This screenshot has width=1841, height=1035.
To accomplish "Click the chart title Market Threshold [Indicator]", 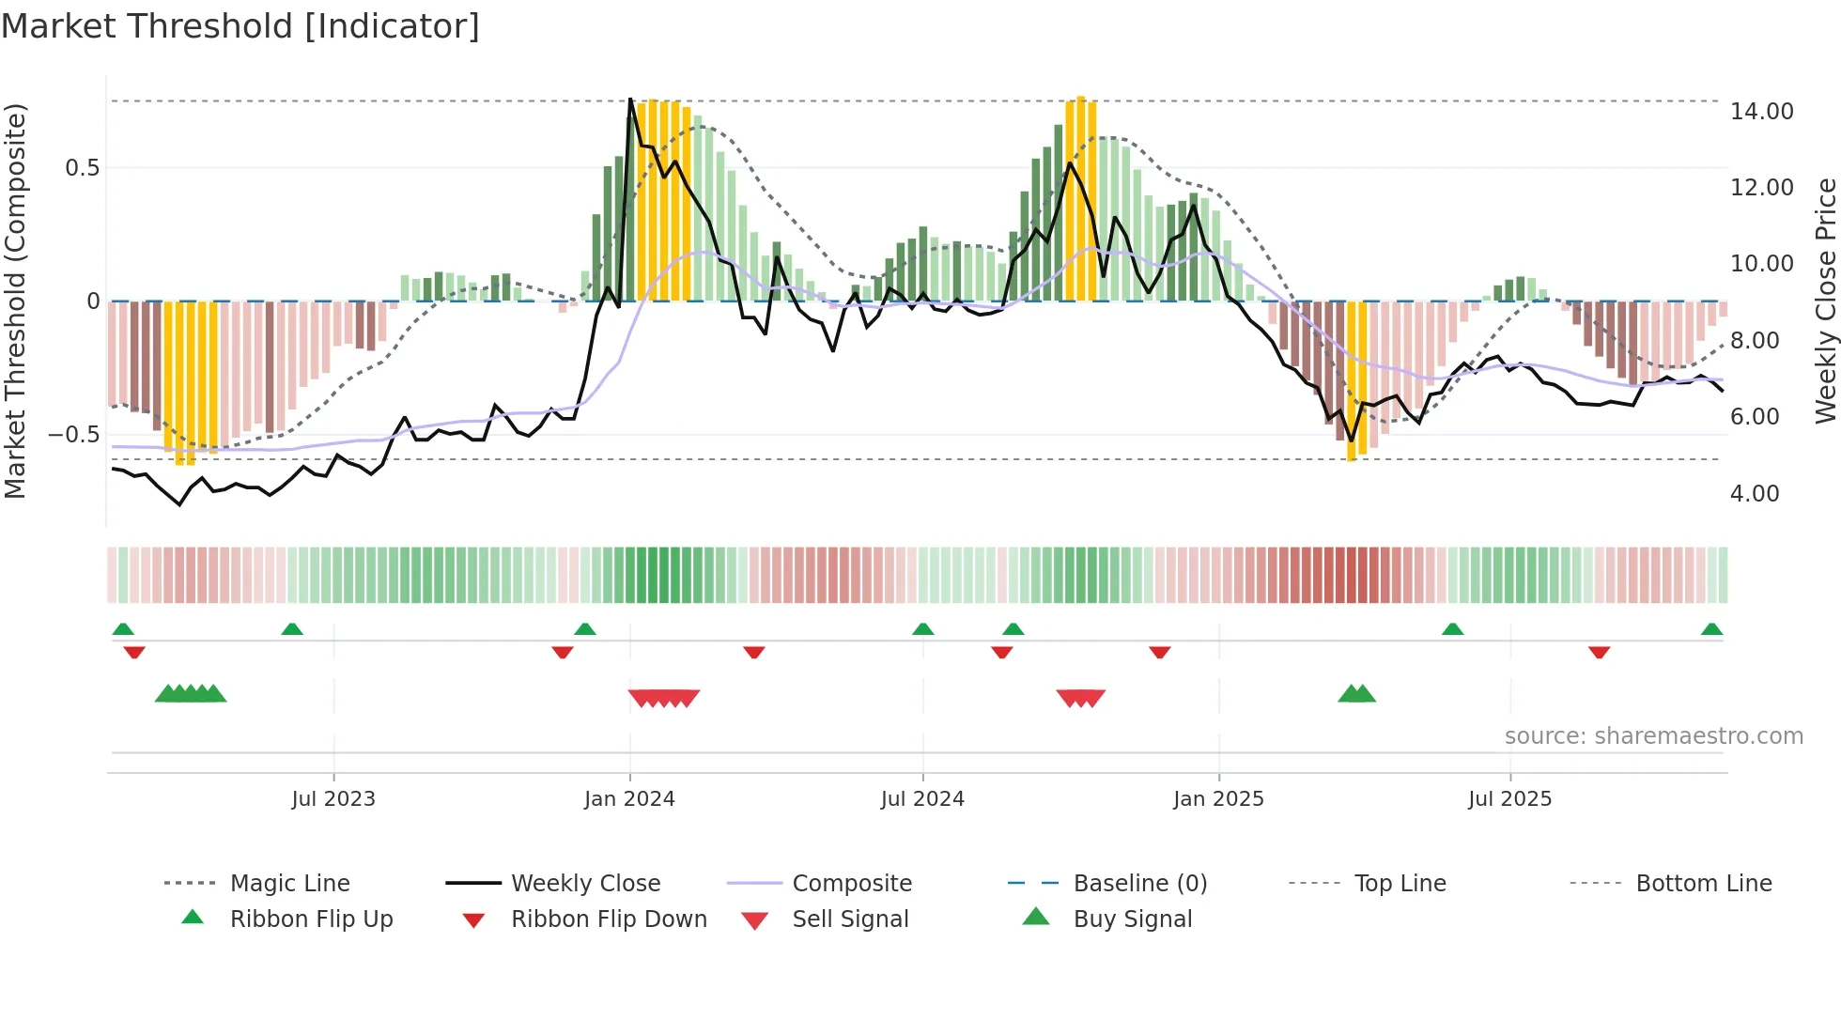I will click(x=240, y=26).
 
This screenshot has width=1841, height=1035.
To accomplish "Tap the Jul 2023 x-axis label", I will click(x=333, y=799).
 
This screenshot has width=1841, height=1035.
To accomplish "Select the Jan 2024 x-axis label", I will click(x=629, y=799).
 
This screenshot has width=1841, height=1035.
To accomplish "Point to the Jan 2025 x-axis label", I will click(x=1218, y=799).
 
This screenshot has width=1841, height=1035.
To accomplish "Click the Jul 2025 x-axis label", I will click(x=1509, y=799).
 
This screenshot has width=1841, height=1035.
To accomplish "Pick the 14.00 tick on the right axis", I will click(x=1761, y=112).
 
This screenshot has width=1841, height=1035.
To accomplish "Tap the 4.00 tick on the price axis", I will click(x=1754, y=494).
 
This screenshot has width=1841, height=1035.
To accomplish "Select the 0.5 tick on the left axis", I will click(x=82, y=168).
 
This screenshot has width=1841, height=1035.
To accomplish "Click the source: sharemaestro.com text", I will click(x=1653, y=736).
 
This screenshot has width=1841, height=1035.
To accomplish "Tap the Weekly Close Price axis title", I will click(x=1825, y=301).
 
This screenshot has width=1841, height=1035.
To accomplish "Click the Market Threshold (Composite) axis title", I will click(x=15, y=301).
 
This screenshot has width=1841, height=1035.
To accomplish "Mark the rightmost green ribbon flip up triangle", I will click(x=1711, y=629).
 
